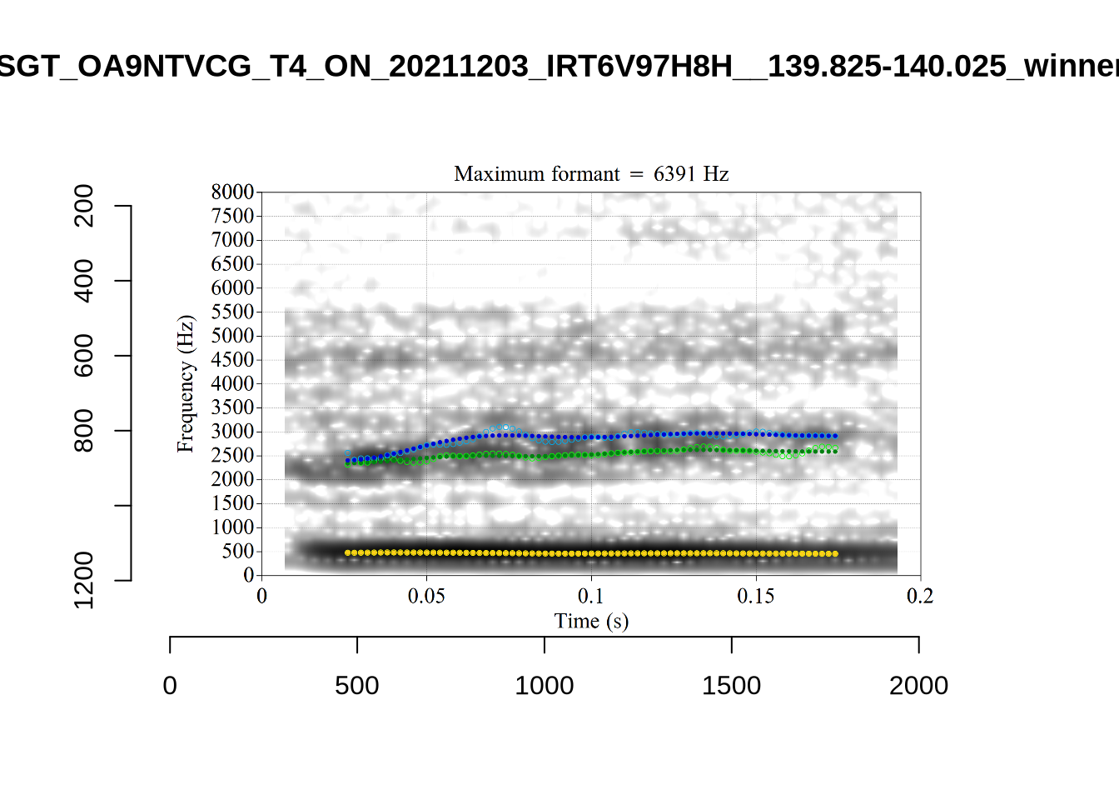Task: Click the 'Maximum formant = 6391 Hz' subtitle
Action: (x=591, y=173)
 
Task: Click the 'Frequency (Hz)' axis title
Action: (x=185, y=383)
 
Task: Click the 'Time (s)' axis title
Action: (x=591, y=621)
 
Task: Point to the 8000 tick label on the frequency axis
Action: (x=232, y=192)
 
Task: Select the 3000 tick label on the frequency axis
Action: (x=232, y=432)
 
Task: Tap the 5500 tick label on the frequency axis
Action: (x=232, y=312)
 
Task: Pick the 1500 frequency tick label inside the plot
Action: (x=232, y=503)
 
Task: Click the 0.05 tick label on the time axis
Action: (x=426, y=596)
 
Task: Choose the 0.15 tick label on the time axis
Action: (x=756, y=596)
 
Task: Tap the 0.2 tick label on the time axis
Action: (x=920, y=596)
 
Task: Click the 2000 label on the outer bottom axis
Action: (x=918, y=686)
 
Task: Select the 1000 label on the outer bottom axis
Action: (x=545, y=686)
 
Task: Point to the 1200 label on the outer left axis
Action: (x=84, y=580)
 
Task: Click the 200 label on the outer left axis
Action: (x=84, y=206)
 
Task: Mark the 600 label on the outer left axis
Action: (x=84, y=356)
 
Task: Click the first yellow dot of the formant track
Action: (x=348, y=552)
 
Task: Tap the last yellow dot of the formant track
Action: (x=835, y=554)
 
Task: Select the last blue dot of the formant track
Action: (x=835, y=436)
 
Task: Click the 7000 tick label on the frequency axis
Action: (x=232, y=240)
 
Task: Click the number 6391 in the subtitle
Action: (x=674, y=173)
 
